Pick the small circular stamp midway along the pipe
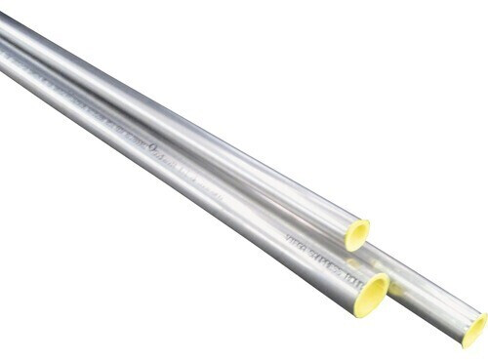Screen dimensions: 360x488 pos(153,148)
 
